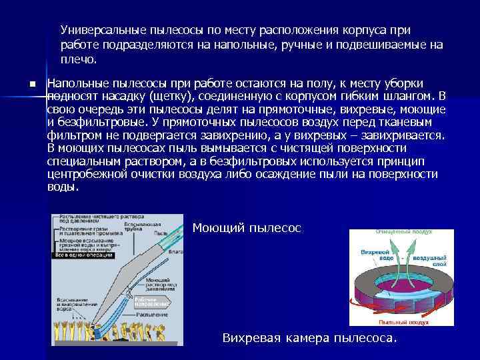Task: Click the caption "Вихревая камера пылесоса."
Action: point(309,338)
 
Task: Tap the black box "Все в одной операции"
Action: point(81,255)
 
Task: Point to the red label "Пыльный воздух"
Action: point(409,322)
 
